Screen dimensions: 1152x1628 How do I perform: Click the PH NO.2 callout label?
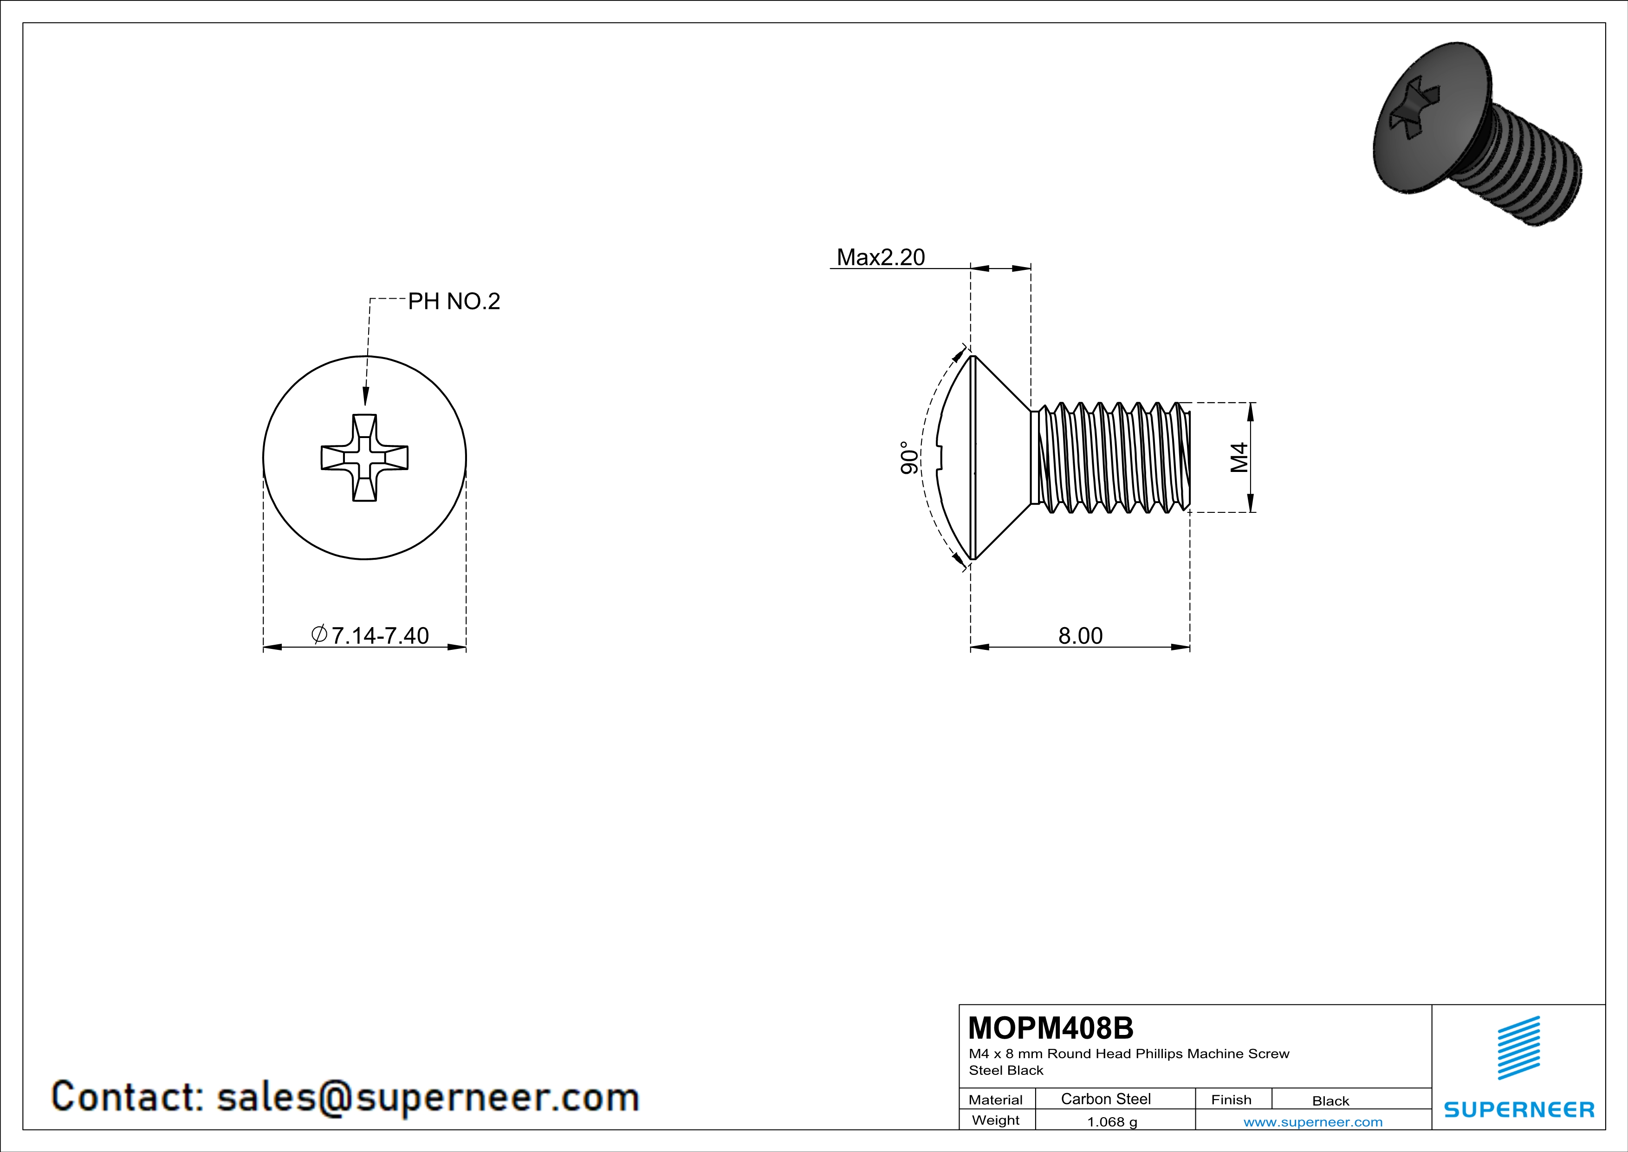[x=454, y=301]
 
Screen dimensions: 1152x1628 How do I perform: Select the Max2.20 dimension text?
[x=880, y=257]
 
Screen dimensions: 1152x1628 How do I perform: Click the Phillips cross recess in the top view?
[x=364, y=458]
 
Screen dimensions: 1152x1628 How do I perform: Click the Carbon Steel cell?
[x=1105, y=1099]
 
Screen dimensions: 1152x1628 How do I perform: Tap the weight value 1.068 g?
[x=1112, y=1121]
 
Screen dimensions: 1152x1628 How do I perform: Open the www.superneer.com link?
[x=1312, y=1121]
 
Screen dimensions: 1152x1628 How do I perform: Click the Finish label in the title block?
[x=1231, y=1100]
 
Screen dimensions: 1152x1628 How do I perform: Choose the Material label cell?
[x=996, y=1100]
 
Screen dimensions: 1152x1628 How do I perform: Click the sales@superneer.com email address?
[x=428, y=1097]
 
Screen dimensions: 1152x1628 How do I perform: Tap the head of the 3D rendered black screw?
[x=1432, y=121]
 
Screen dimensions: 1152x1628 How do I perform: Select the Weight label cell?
[x=996, y=1120]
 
